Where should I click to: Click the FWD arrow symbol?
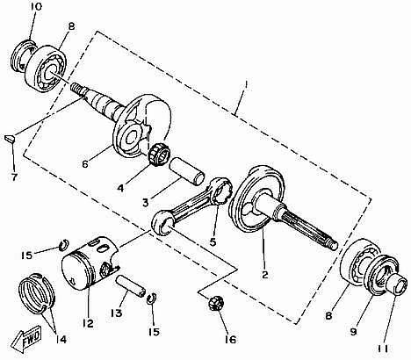26,340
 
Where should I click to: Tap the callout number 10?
35,7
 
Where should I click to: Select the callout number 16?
230,339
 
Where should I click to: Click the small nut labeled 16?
216,303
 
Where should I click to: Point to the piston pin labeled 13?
131,284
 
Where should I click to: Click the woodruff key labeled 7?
10,140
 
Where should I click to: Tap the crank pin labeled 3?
187,170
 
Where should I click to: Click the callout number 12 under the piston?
88,323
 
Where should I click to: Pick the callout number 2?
264,275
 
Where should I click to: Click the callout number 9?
354,332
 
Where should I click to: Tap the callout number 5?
213,242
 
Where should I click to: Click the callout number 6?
85,164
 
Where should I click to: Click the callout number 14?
61,340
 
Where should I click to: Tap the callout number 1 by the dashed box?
246,84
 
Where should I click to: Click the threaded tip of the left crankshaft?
76,88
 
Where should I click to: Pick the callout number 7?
14,177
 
